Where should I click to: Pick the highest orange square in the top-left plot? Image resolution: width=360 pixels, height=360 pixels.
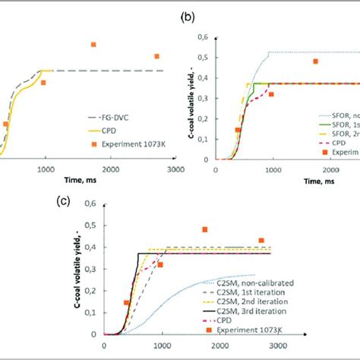click(x=93, y=45)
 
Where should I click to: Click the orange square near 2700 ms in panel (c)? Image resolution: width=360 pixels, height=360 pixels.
click(x=261, y=241)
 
